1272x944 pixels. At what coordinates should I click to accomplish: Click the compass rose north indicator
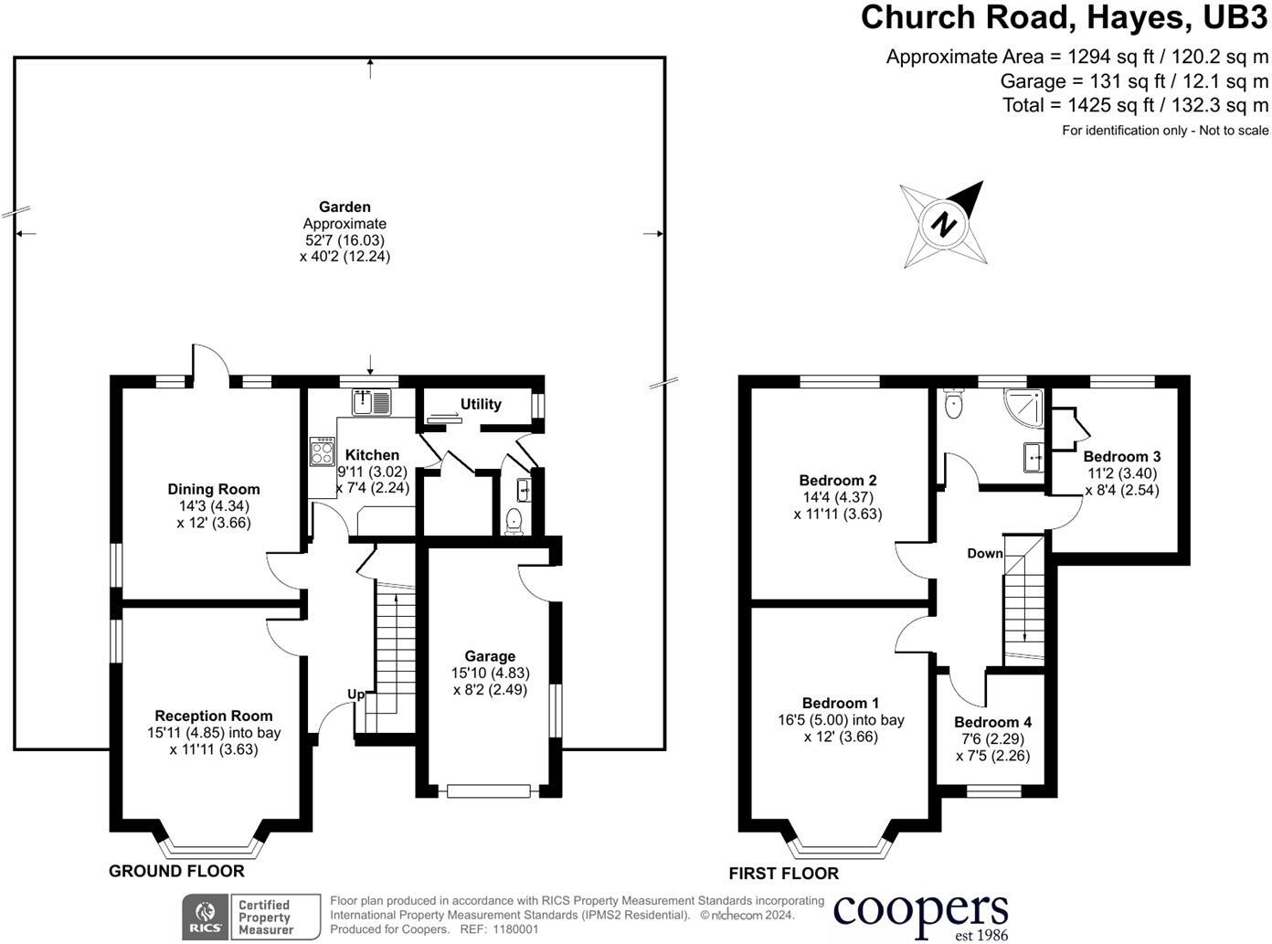[x=945, y=223]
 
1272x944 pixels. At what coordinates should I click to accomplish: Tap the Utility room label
[x=481, y=404]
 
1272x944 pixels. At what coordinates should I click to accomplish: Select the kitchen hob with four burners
[x=323, y=452]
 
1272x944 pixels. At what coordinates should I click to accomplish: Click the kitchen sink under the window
[x=372, y=402]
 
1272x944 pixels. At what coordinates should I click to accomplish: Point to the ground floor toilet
[x=514, y=521]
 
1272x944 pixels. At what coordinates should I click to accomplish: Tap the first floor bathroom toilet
[x=954, y=405]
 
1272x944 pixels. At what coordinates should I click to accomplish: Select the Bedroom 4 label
[x=992, y=722]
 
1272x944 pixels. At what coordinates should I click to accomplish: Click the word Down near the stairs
[x=985, y=554]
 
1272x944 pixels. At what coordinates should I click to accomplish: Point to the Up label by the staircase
[x=355, y=695]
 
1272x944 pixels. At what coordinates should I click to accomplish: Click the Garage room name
[x=490, y=656]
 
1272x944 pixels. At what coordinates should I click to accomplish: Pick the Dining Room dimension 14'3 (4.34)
[x=214, y=506]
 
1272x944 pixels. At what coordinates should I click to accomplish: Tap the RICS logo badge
[x=206, y=917]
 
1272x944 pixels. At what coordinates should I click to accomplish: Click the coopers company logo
[x=921, y=914]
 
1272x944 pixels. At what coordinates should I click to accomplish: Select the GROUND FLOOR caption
[x=176, y=871]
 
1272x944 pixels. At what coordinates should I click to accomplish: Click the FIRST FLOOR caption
[x=783, y=874]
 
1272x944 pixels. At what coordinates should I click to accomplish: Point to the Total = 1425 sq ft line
[x=1135, y=105]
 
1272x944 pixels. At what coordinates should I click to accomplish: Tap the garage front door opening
[x=488, y=790]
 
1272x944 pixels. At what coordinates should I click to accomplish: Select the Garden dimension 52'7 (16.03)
[x=344, y=240]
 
